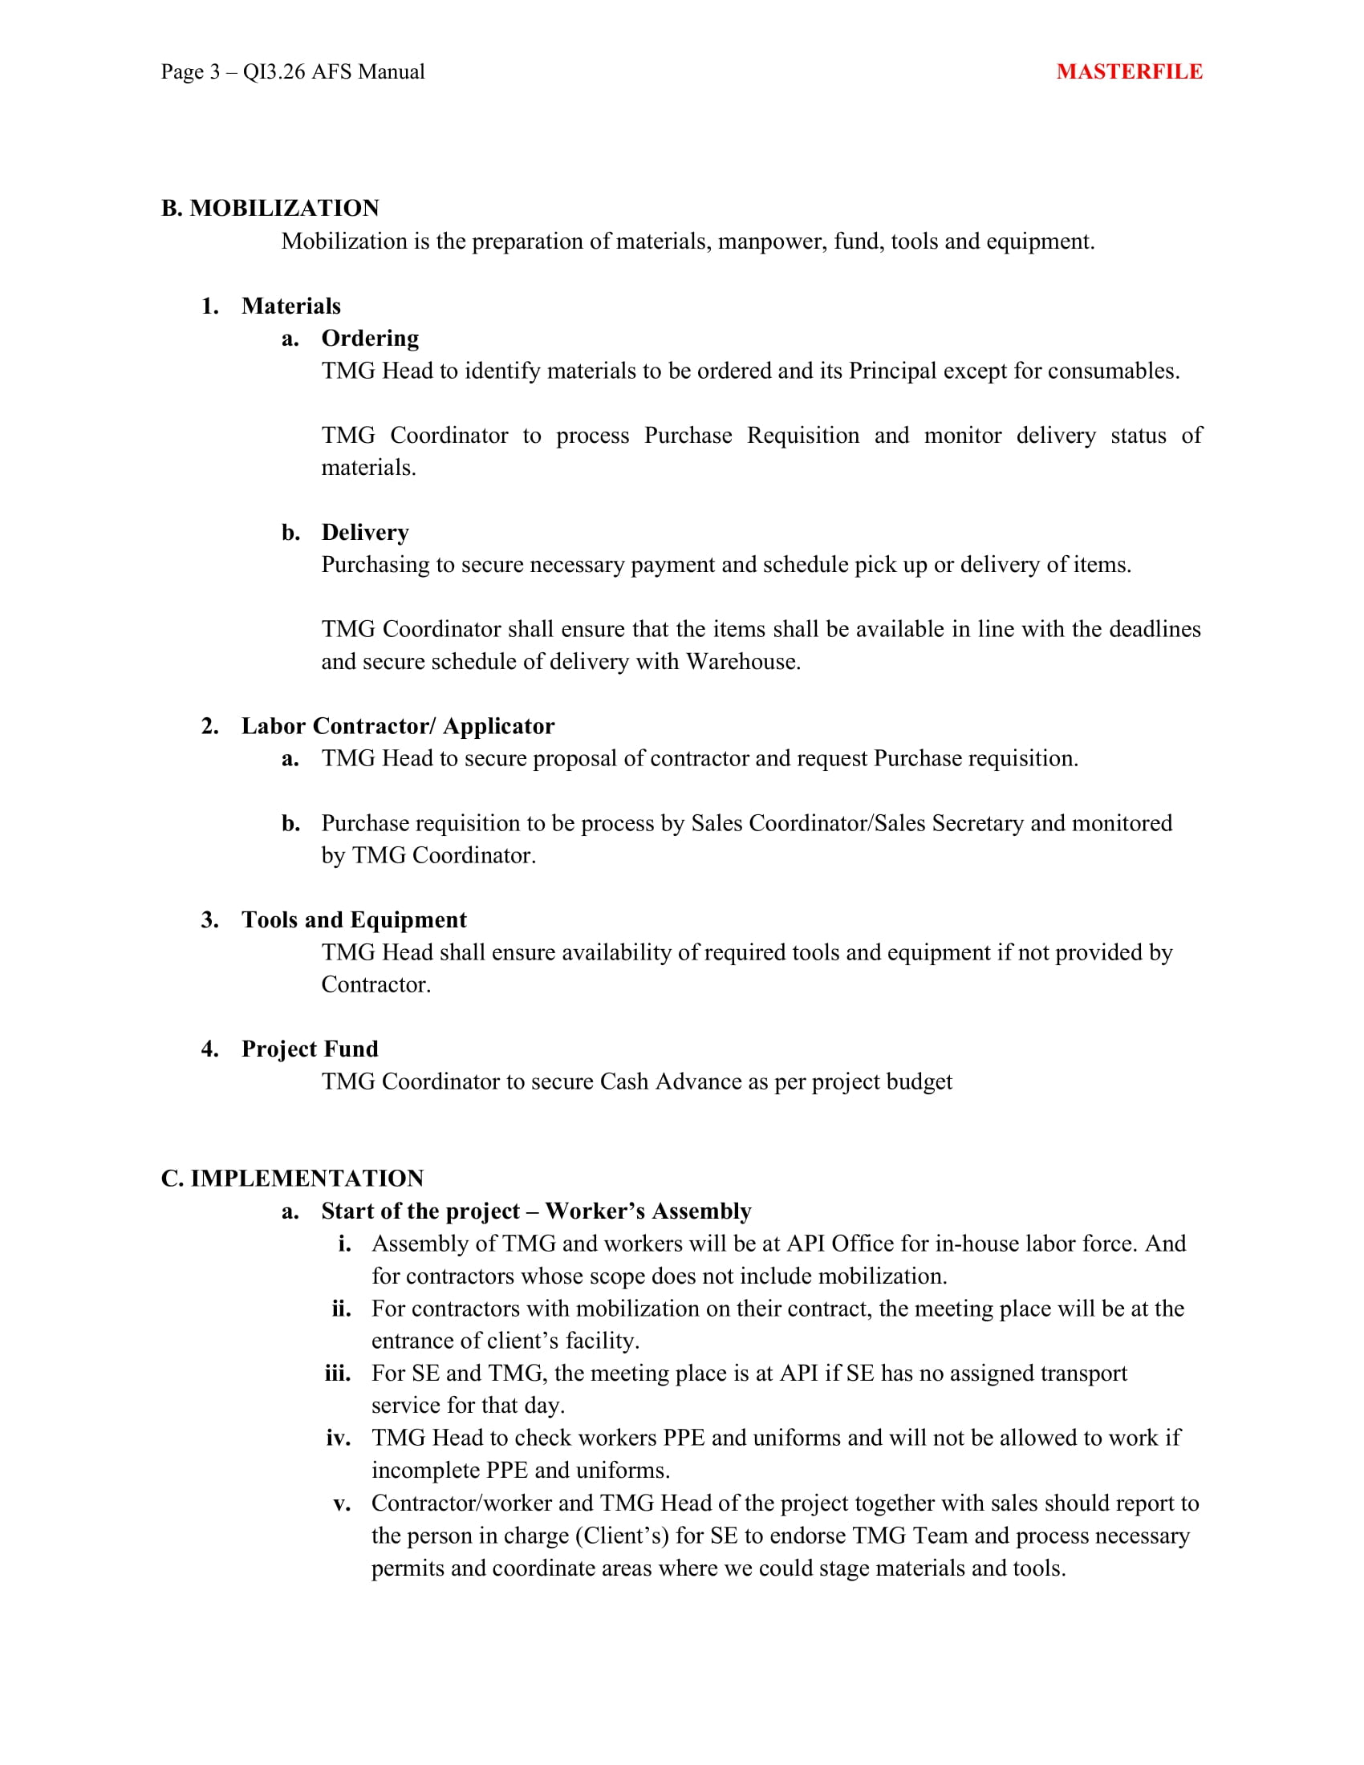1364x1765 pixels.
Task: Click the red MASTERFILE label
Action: click(x=1129, y=72)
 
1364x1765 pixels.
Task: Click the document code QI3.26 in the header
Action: click(x=274, y=72)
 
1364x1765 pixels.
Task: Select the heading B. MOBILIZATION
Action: click(x=270, y=209)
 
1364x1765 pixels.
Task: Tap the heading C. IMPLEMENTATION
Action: click(x=292, y=1179)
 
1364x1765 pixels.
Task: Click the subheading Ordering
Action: click(x=370, y=338)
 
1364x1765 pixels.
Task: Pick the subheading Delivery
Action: click(x=365, y=532)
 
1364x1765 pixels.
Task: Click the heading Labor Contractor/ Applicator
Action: click(x=397, y=726)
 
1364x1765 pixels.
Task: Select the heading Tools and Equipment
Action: click(x=354, y=919)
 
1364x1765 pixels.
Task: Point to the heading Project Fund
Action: click(x=310, y=1049)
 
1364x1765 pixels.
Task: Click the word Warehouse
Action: click(x=743, y=662)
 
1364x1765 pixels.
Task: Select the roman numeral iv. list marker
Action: click(x=339, y=1438)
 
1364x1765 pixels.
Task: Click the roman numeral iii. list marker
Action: click(x=338, y=1373)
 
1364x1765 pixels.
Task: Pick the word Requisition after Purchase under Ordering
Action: click(x=802, y=436)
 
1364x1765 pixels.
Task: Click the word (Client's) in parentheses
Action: click(x=621, y=1536)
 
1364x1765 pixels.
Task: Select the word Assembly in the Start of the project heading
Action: click(x=701, y=1211)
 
